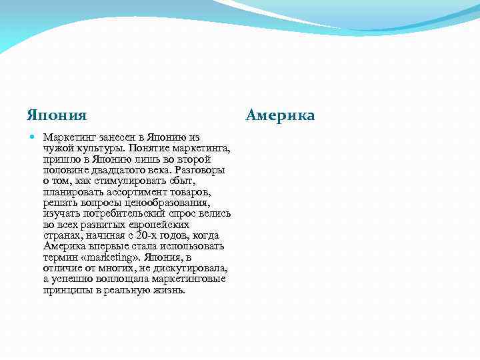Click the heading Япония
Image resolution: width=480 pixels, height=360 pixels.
(x=57, y=115)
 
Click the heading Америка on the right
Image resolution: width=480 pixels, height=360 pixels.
(x=280, y=115)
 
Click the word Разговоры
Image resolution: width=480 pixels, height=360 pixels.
(x=200, y=169)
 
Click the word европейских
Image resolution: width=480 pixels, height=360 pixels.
(x=151, y=225)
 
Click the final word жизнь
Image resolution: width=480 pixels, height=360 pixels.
(x=169, y=290)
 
